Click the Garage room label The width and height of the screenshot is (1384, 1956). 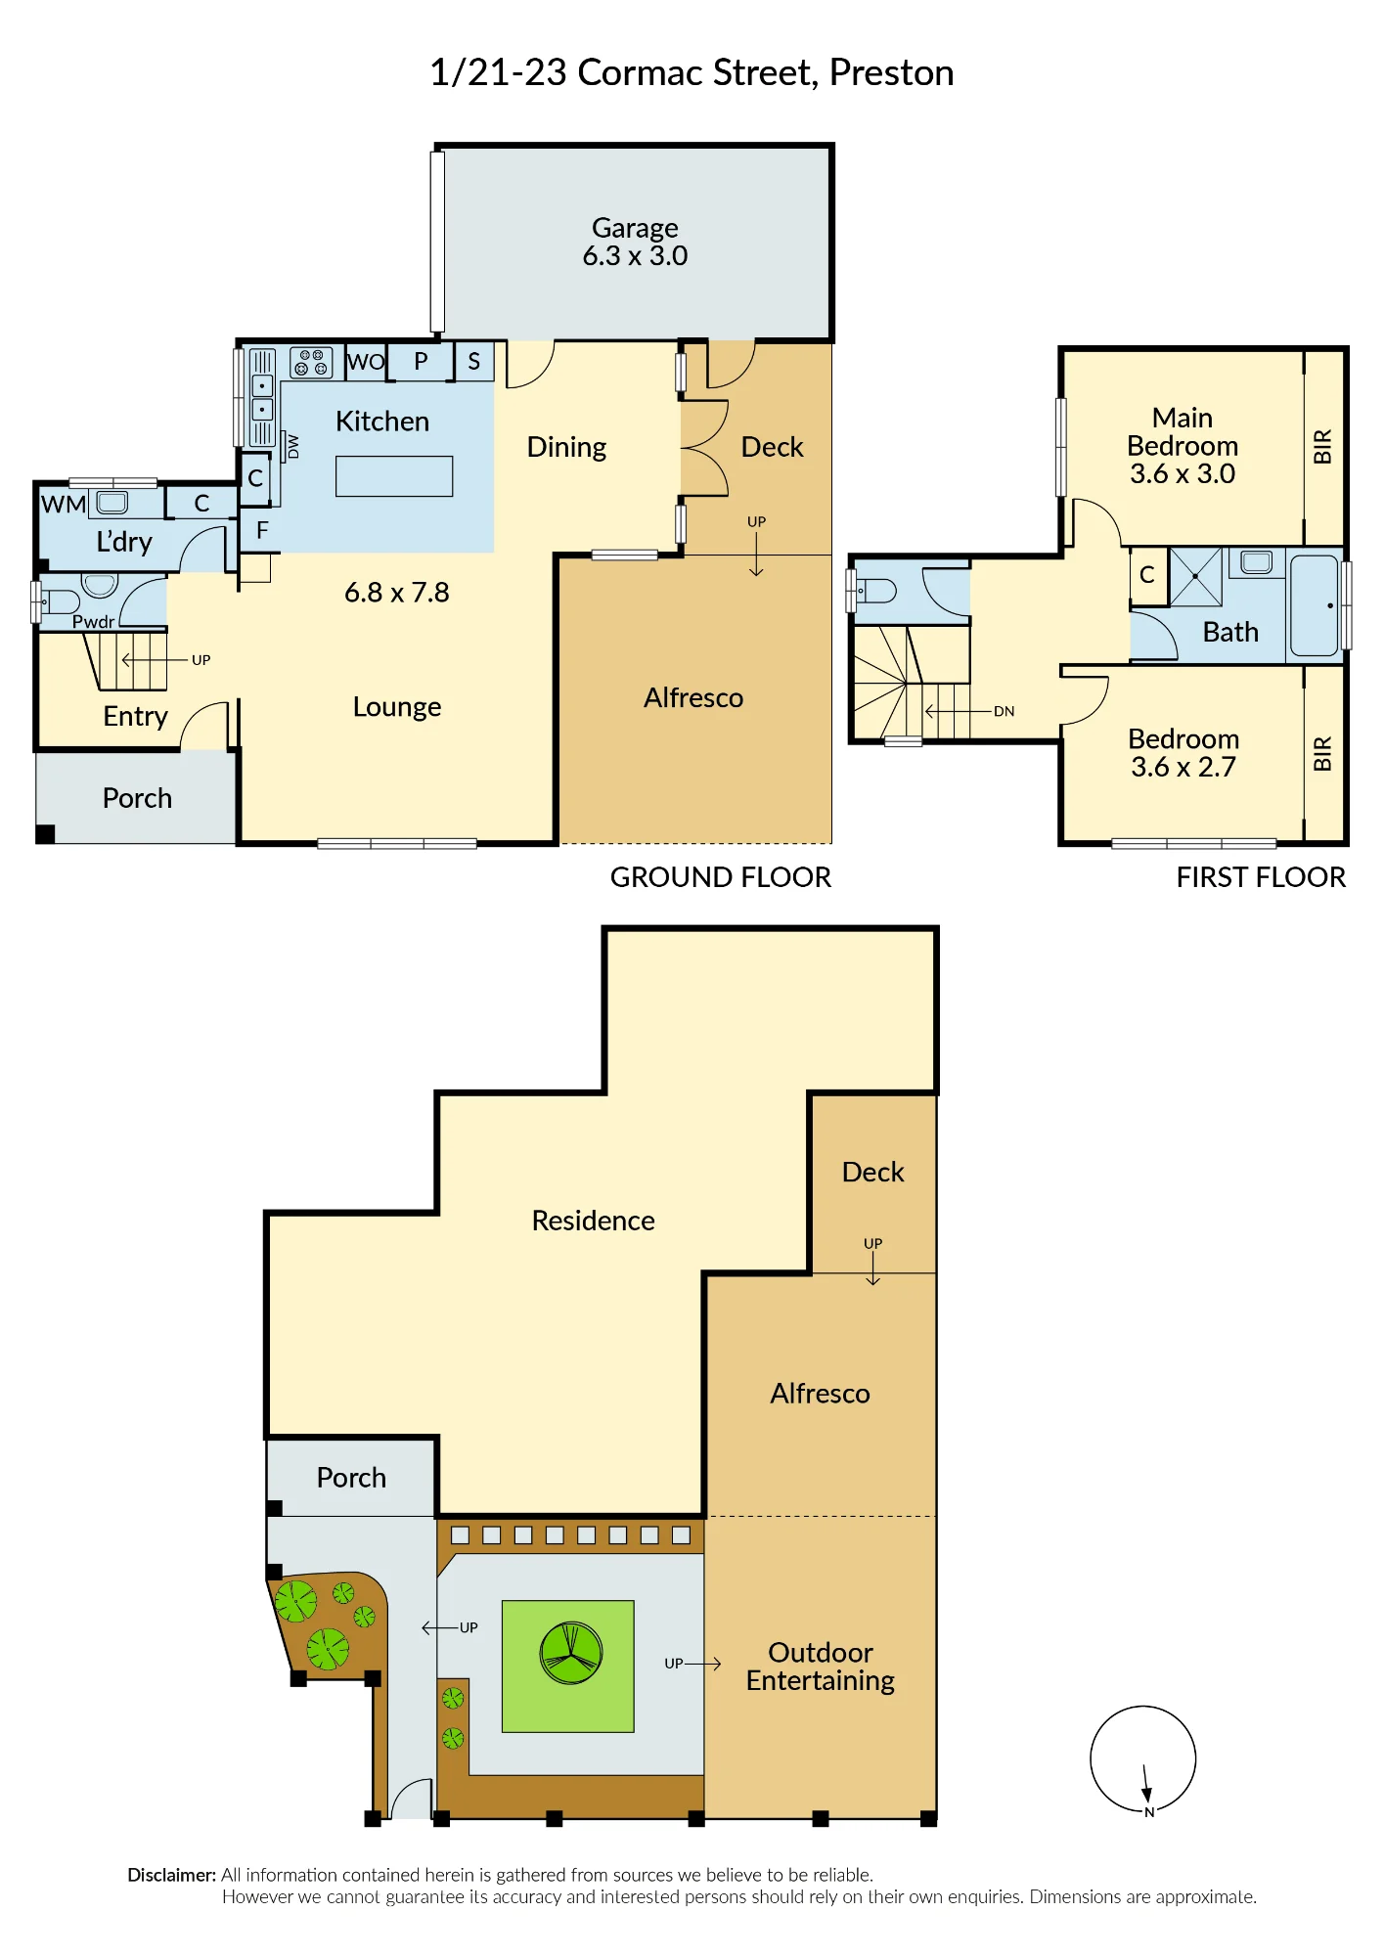[x=635, y=228]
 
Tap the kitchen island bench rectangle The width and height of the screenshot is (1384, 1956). [x=394, y=476]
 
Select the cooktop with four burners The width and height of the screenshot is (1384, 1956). [x=311, y=363]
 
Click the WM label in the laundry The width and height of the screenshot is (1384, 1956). [x=64, y=505]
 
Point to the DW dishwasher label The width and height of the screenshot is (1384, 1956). [x=292, y=447]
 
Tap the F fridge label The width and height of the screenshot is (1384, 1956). [x=262, y=531]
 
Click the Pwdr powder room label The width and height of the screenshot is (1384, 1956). [x=94, y=621]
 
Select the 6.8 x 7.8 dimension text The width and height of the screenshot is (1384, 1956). [x=397, y=593]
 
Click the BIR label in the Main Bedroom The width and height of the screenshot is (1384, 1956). [x=1322, y=447]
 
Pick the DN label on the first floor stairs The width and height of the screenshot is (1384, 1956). [x=1005, y=711]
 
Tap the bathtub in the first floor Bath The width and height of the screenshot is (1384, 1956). [x=1314, y=606]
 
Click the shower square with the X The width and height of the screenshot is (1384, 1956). [x=1196, y=577]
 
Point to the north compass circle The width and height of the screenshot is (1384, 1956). [x=1143, y=1759]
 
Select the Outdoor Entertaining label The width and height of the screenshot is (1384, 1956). [x=821, y=1667]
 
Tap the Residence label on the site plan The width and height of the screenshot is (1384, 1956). [x=594, y=1221]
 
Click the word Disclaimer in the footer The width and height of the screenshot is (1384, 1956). [x=171, y=1875]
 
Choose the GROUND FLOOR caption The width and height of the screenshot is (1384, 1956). [x=721, y=877]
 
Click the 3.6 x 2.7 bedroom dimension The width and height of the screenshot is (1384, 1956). [x=1183, y=767]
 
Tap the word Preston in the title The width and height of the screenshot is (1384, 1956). [x=892, y=73]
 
